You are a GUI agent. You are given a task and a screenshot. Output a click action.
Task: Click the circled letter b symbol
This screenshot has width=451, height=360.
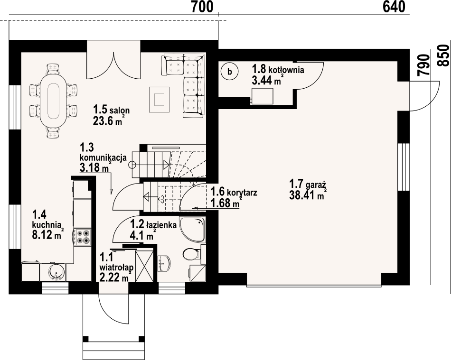tap(230, 72)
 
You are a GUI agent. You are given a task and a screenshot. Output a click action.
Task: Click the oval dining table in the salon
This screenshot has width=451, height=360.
tap(53, 98)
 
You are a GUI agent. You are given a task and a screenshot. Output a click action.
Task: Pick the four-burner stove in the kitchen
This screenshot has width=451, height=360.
tap(82, 236)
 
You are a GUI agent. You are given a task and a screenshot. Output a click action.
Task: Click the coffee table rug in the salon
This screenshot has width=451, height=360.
tap(159, 99)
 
